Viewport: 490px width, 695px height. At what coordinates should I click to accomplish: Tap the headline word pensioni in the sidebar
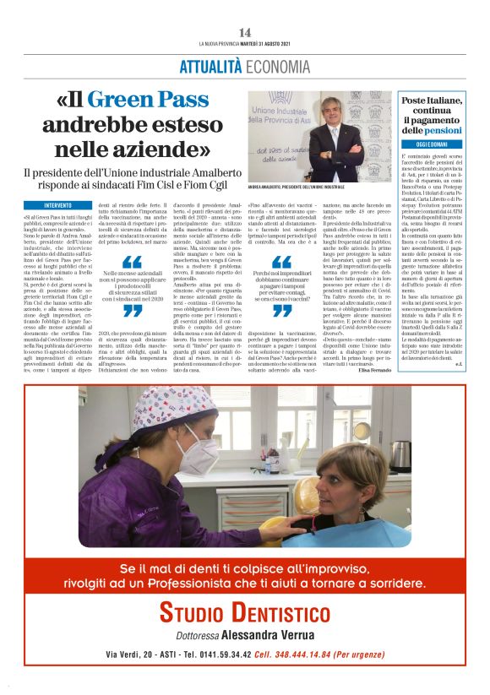(x=443, y=131)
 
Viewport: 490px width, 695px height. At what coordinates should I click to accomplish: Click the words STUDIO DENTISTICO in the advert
(x=245, y=611)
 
